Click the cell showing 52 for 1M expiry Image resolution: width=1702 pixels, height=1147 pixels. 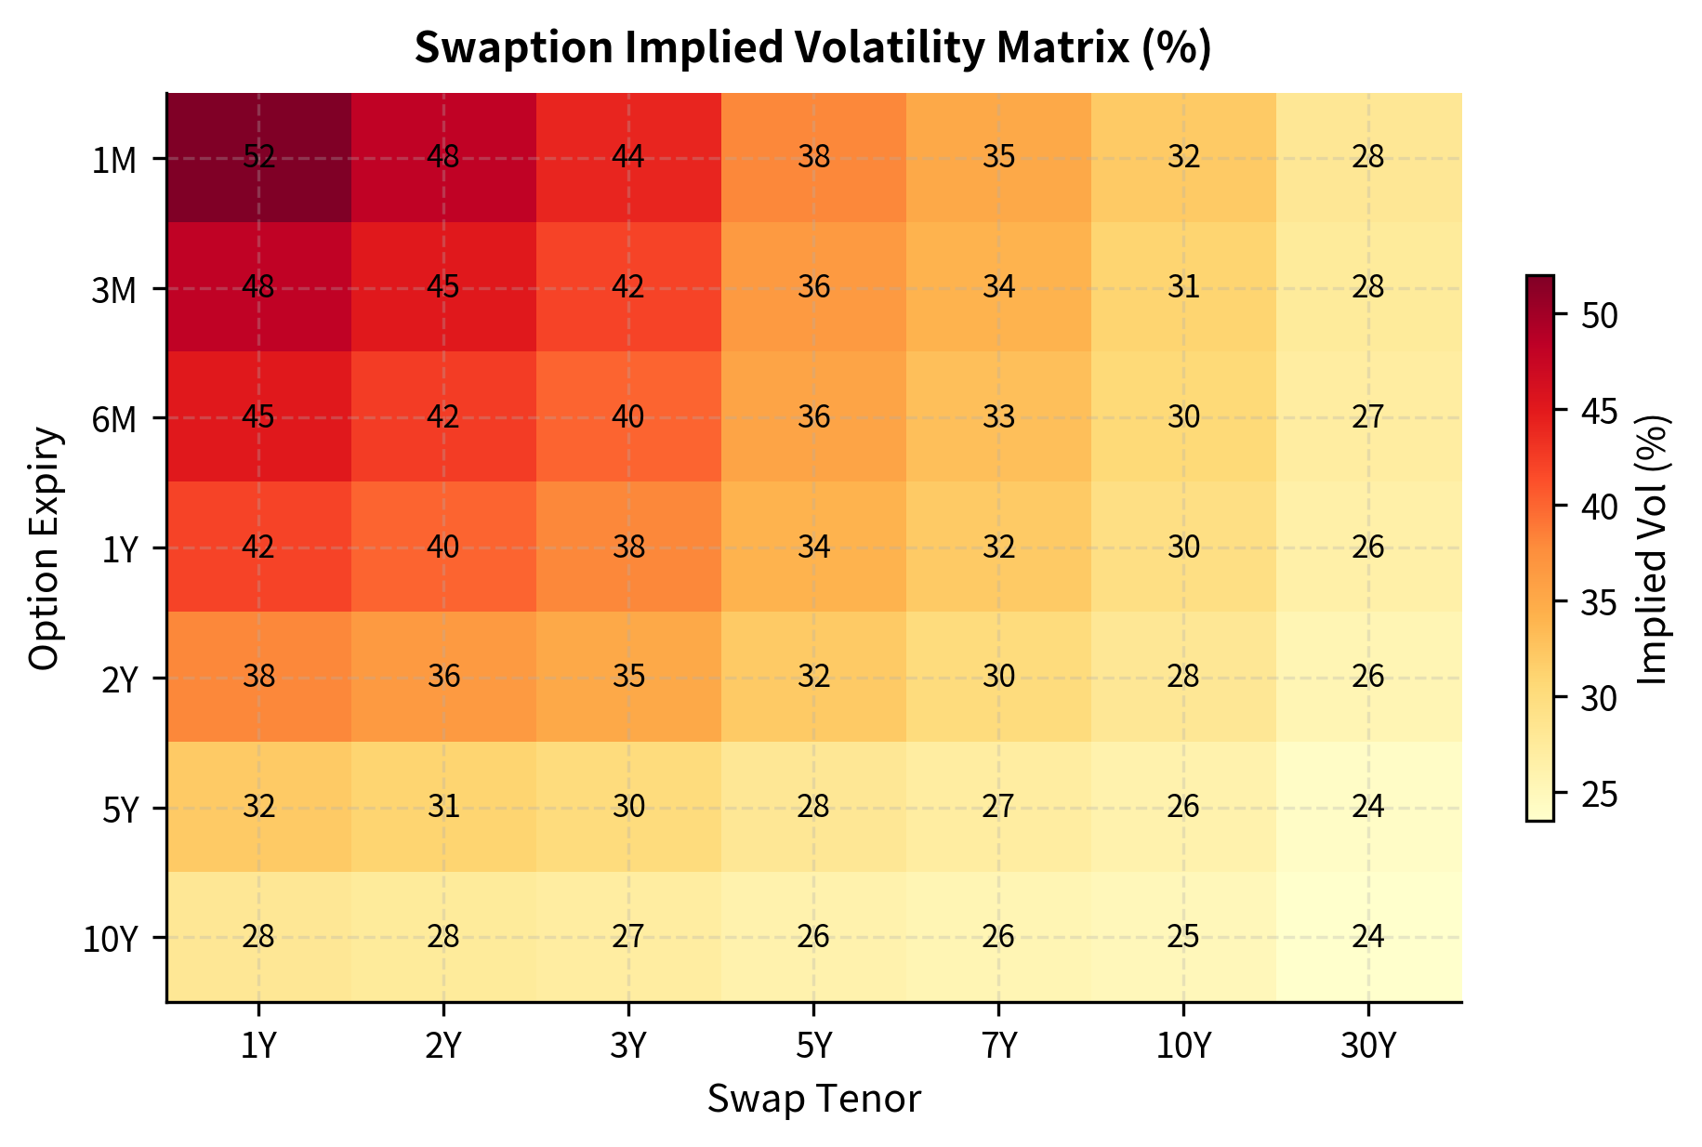tap(258, 158)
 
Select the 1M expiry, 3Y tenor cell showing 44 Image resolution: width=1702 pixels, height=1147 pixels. tap(628, 158)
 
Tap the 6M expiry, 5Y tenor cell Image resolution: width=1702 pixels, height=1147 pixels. tap(813, 417)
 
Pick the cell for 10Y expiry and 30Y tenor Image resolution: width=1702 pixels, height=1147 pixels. tap(1368, 937)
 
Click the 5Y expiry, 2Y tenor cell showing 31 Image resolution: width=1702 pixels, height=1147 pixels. tap(443, 807)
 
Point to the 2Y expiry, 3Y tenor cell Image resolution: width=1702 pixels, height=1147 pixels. tap(628, 677)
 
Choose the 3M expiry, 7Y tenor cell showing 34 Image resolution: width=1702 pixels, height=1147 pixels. tap(998, 287)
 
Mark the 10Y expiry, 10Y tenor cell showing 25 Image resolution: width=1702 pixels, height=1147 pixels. tap(1183, 937)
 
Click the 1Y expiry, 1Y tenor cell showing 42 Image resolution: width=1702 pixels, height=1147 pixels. tap(258, 547)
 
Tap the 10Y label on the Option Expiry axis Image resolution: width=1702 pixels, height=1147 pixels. tap(110, 940)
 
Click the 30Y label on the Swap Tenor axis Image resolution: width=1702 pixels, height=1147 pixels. tap(1368, 1048)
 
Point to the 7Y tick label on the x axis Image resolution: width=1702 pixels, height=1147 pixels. tap(998, 1048)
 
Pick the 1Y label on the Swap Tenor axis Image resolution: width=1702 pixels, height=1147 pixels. tap(258, 1048)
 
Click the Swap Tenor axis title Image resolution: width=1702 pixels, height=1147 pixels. tap(813, 1100)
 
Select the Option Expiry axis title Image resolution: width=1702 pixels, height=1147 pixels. tap(45, 548)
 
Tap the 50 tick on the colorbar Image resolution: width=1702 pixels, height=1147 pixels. tap(1599, 316)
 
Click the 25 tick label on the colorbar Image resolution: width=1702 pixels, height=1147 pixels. tap(1599, 795)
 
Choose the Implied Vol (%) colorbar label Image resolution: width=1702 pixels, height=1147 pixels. tap(1653, 548)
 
